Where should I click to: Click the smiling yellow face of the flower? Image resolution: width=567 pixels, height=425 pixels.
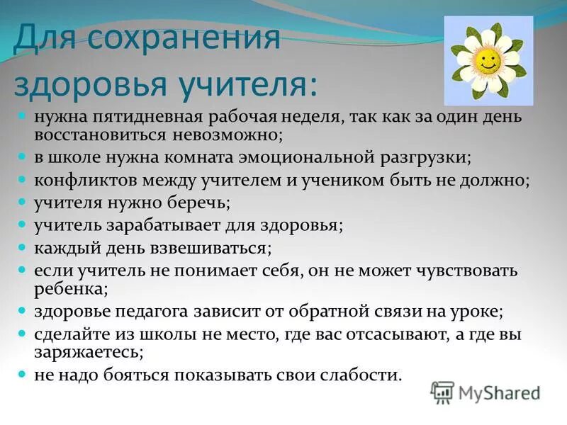coord(486,61)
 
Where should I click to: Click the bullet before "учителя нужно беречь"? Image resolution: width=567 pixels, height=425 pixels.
coord(22,203)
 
